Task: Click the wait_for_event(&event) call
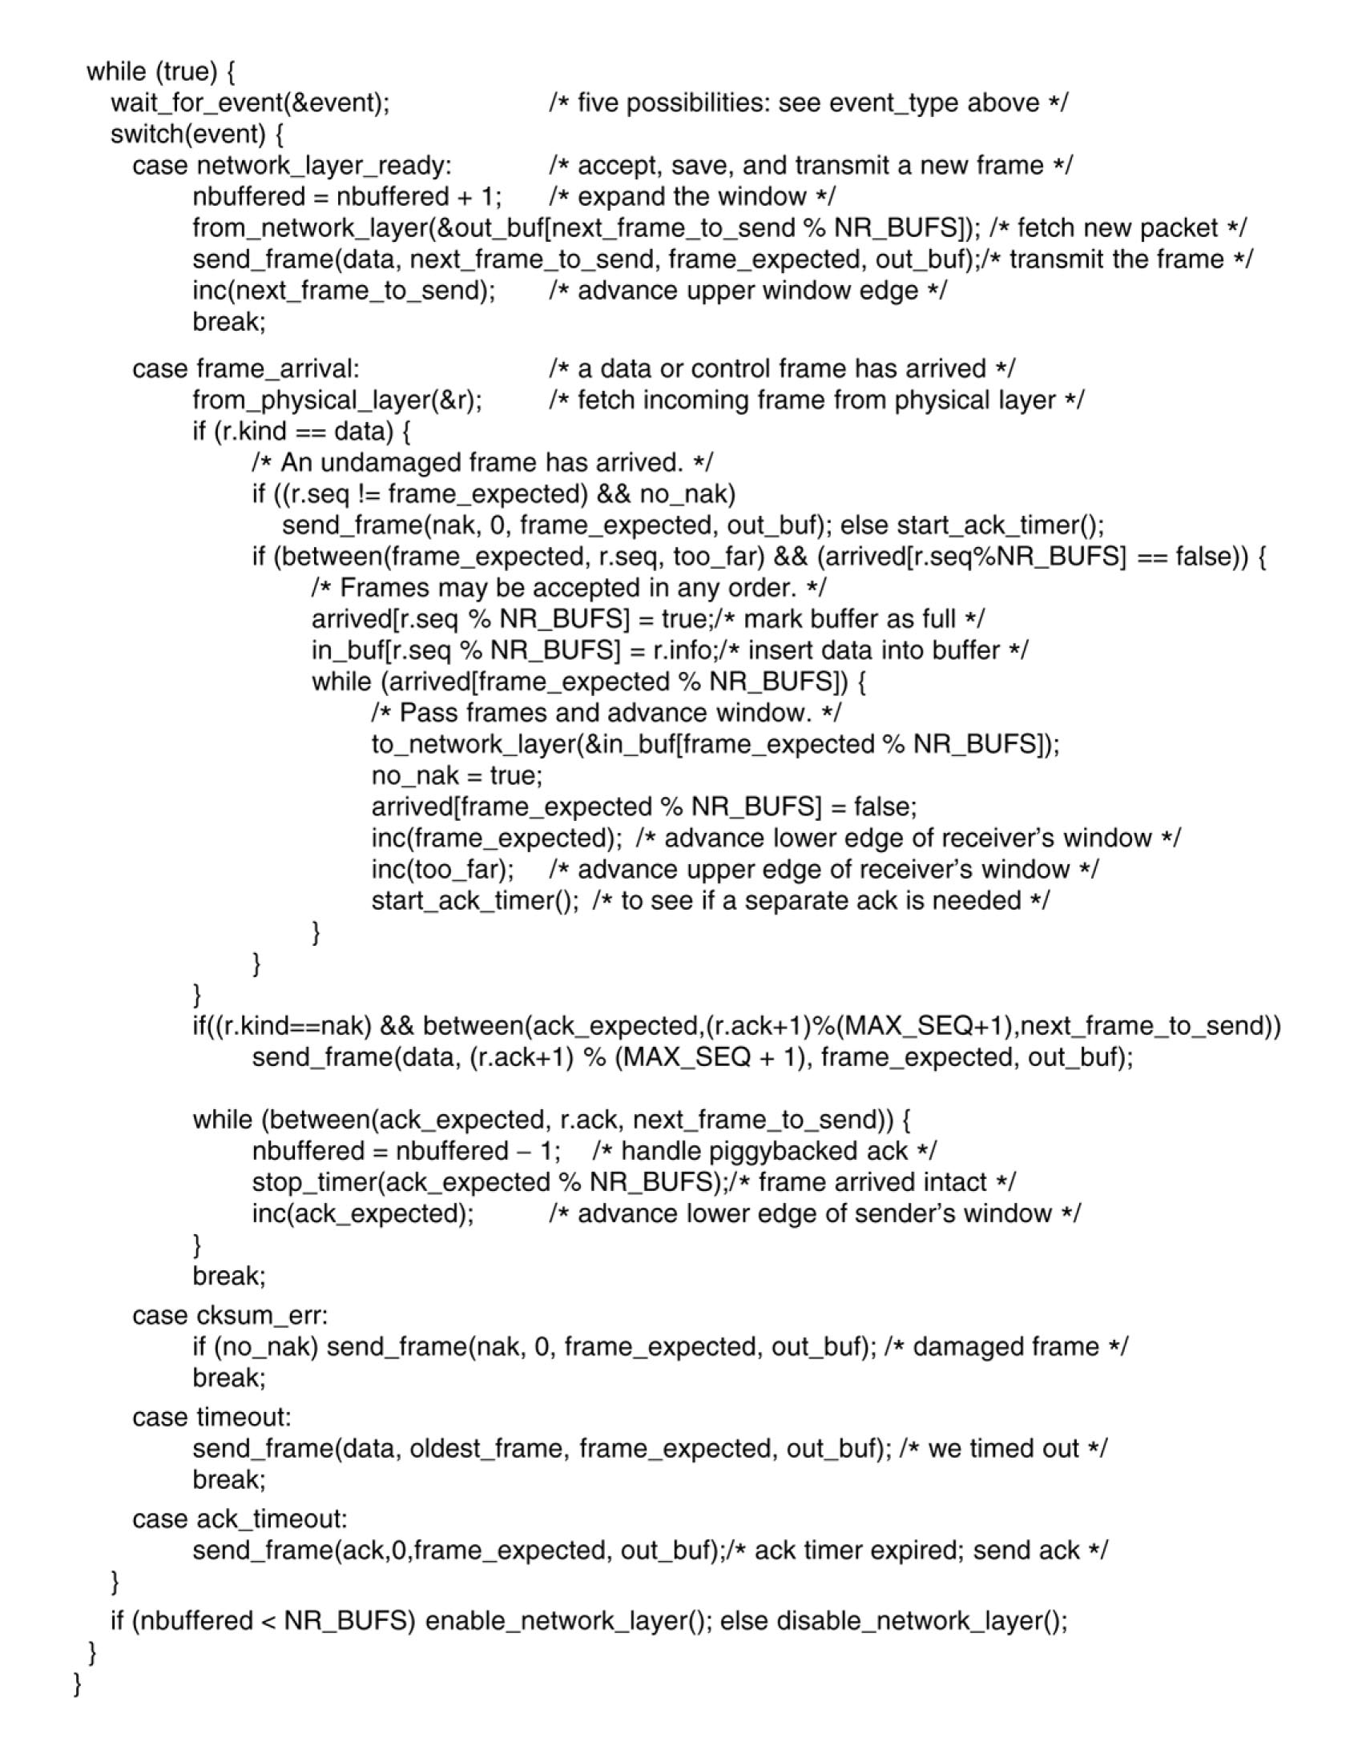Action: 250,103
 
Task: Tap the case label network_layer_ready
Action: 292,166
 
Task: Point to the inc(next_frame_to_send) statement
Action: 344,291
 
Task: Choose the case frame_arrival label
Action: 246,368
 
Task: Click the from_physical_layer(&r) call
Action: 337,400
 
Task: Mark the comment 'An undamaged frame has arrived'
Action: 482,462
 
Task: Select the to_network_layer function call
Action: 715,744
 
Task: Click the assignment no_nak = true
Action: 457,775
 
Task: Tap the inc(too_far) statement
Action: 442,869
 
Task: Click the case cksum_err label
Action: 231,1315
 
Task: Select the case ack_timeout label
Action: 240,1519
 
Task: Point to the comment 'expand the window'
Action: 692,197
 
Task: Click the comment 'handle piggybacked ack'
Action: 764,1150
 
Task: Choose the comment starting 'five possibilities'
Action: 808,103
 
